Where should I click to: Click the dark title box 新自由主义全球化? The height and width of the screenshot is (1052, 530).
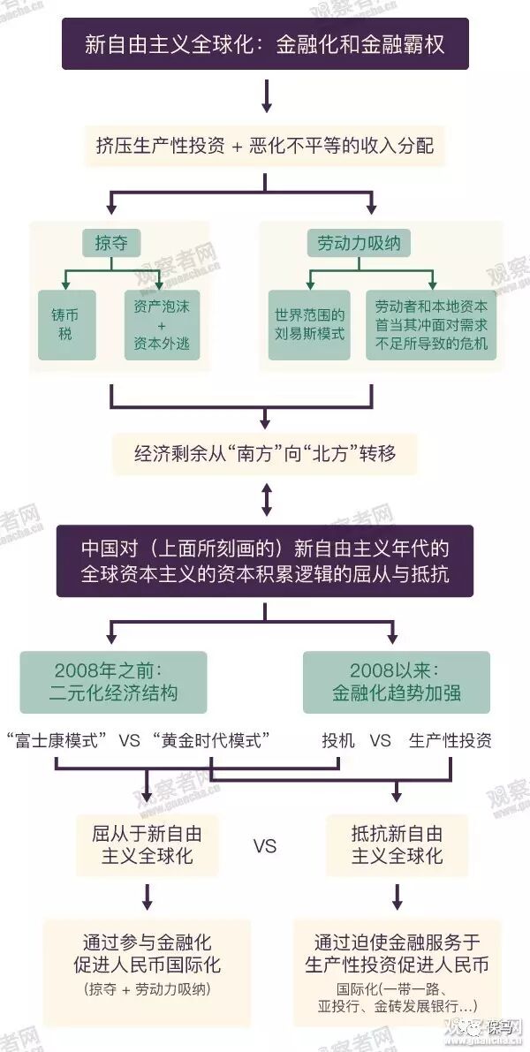pos(265,44)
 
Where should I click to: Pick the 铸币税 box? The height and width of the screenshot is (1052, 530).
pos(67,324)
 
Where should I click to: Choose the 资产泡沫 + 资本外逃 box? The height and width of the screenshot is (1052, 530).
pos(162,324)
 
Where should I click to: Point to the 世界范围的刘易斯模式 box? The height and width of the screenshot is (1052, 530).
pos(309,324)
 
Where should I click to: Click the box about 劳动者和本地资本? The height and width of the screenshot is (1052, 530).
pos(431,324)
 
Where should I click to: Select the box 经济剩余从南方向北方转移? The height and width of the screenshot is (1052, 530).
pos(265,453)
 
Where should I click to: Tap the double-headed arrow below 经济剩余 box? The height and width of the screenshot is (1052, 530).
pos(266,501)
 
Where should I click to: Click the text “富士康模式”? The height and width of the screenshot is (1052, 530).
pos(57,740)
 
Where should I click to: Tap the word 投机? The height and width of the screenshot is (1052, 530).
pos(338,740)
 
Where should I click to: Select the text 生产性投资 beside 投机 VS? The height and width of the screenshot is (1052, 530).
pos(450,740)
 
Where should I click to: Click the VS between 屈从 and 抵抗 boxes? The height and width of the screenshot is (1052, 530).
pos(264,846)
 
